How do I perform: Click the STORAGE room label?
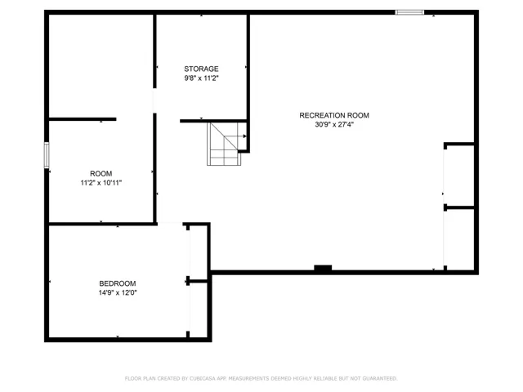[201, 69]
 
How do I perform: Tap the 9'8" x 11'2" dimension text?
[201, 78]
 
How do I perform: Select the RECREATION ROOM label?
[334, 115]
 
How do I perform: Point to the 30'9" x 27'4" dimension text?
[334, 125]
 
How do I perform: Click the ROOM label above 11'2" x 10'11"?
[101, 174]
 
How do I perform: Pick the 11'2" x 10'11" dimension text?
[101, 183]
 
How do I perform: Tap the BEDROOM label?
[118, 283]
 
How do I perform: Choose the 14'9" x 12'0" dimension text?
[118, 292]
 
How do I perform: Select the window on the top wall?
[409, 12]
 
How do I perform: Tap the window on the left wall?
[47, 155]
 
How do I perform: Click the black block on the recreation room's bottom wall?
[323, 268]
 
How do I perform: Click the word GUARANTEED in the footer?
[379, 379]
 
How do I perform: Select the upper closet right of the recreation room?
[459, 176]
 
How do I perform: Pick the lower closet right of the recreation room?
[459, 239]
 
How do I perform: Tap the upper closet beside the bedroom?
[199, 253]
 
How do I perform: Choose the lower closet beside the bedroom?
[199, 310]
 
